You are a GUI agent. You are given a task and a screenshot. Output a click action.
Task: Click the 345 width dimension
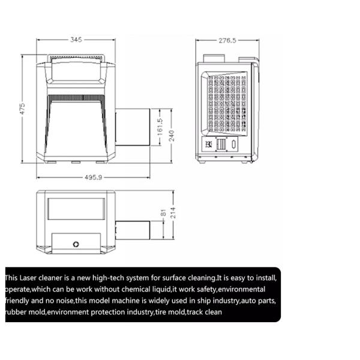pos(76,40)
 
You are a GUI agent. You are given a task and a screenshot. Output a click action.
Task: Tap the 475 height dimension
pos(22,109)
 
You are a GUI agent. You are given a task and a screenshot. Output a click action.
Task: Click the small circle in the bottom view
pos(76,244)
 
